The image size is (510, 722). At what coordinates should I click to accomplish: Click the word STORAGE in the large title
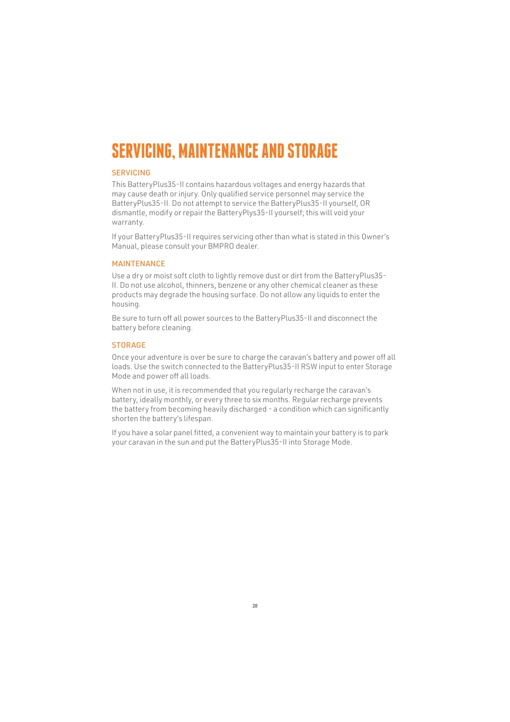[x=312, y=151]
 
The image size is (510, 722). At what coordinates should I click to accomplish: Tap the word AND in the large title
[x=273, y=151]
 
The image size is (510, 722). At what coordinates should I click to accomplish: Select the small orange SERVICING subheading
[x=131, y=173]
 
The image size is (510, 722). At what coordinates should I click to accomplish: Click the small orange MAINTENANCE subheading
[x=138, y=264]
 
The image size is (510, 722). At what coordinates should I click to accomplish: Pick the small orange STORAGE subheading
[x=128, y=345]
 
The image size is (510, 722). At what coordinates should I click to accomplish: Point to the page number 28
[x=255, y=606]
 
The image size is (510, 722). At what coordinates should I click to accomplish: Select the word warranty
[x=128, y=222]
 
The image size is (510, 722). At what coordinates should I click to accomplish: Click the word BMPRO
[x=221, y=246]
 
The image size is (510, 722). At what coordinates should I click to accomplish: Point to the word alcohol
[x=170, y=285]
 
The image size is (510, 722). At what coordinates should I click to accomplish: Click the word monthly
[x=178, y=400]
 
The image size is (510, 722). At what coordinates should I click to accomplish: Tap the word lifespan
[x=198, y=418]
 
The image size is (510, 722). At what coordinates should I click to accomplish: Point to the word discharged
[x=246, y=409]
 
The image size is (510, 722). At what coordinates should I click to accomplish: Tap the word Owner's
[x=375, y=237]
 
